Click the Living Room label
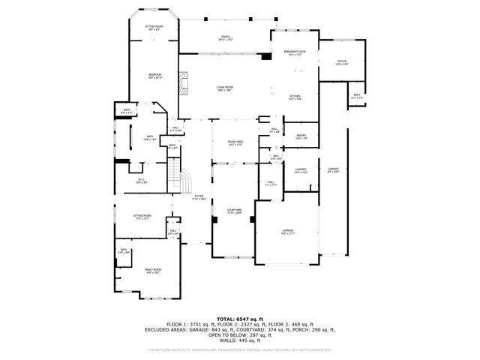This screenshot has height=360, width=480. pos(223,89)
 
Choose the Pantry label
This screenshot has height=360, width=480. pos(301,136)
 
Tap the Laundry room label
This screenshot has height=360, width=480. pos(301,170)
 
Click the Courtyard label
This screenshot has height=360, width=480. pos(234,211)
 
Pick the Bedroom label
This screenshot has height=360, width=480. pos(154,76)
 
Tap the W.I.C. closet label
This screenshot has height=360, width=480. pos(141,180)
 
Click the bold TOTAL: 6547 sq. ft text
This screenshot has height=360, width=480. pos(240,318)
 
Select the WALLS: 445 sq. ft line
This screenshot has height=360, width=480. pos(240,340)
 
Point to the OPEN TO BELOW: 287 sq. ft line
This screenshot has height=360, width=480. pos(240,334)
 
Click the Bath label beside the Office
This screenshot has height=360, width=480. pos(356,95)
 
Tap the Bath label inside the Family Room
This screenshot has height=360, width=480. pos(124,251)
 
